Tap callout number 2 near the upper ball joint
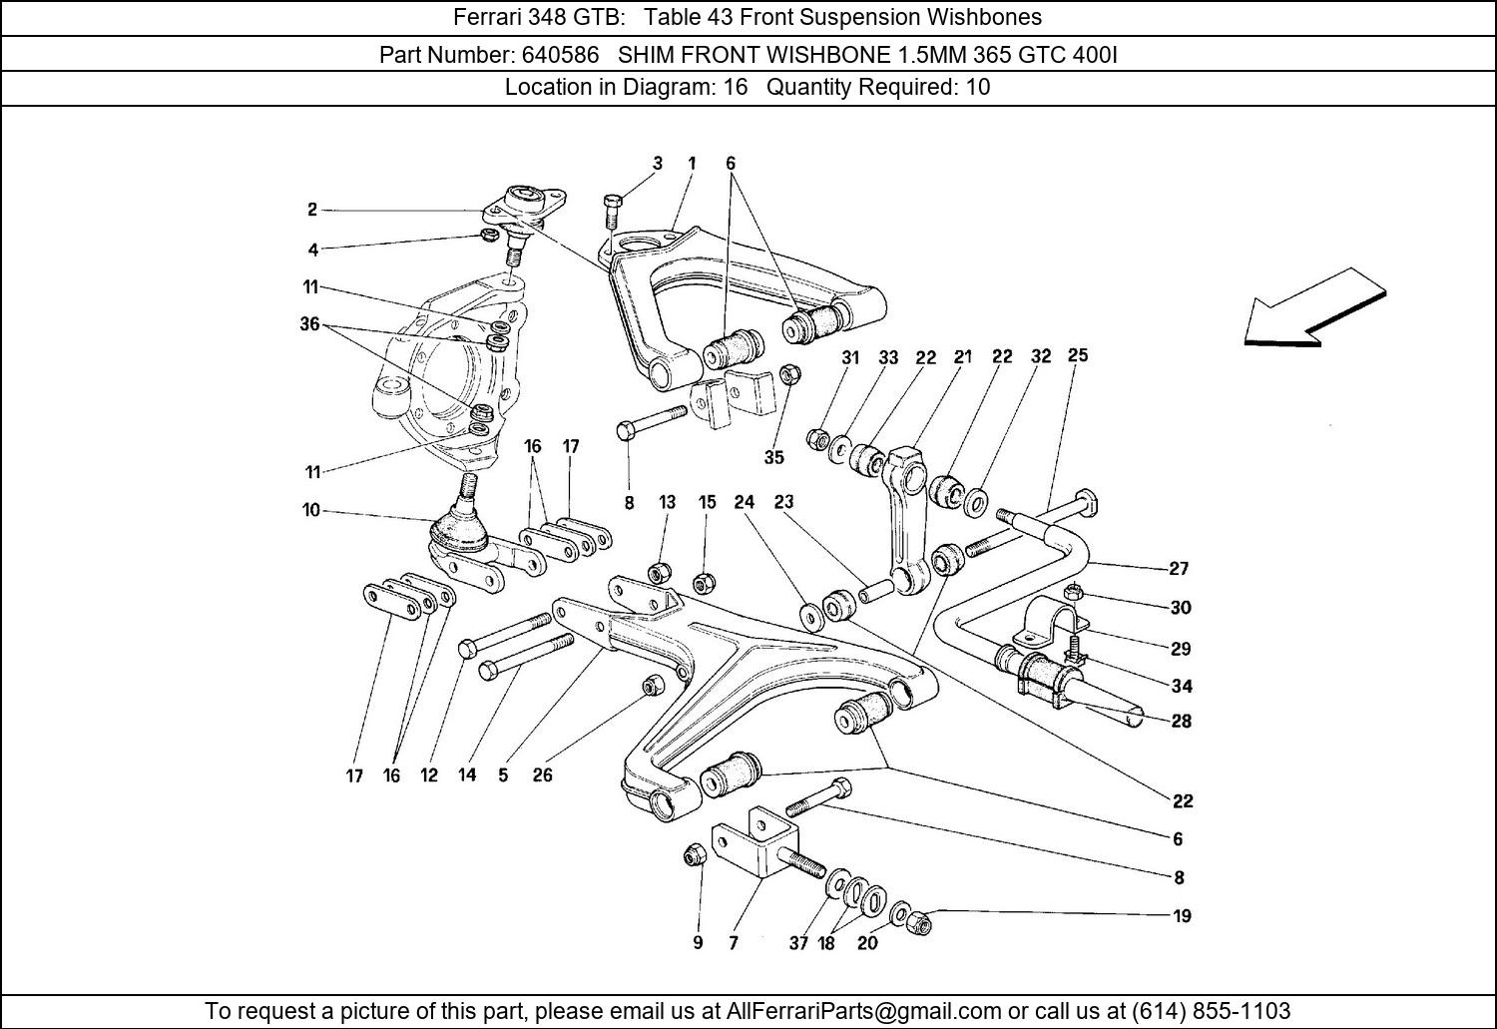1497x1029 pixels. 312,210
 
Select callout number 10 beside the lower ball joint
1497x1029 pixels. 311,511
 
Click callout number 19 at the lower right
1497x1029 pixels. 1182,915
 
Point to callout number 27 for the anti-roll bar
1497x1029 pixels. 1179,568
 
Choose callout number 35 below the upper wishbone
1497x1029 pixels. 773,457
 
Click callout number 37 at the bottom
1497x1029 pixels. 798,942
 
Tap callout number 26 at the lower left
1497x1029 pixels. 542,774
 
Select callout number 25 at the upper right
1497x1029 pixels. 1078,355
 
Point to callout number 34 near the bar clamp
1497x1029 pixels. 1181,686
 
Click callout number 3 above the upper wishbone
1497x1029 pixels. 658,163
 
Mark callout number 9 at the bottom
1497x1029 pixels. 698,942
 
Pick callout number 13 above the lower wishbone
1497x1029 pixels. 667,502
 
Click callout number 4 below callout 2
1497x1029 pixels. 312,250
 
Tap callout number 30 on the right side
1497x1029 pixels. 1181,607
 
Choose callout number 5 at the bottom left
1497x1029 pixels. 503,774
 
